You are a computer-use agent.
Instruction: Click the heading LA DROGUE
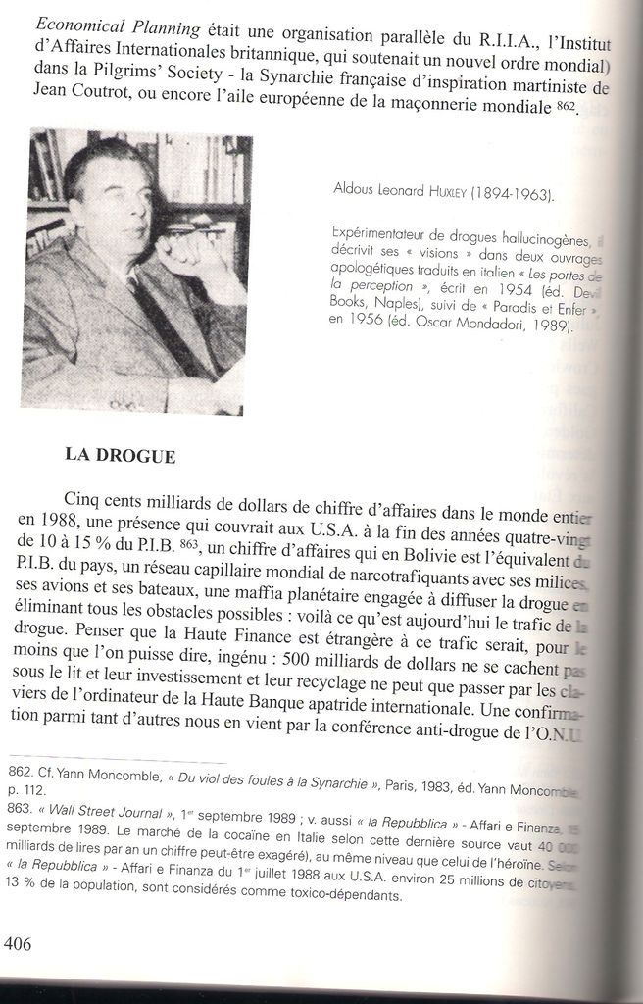pyautogui.click(x=121, y=455)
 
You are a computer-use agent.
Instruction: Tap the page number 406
pyautogui.click(x=19, y=944)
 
